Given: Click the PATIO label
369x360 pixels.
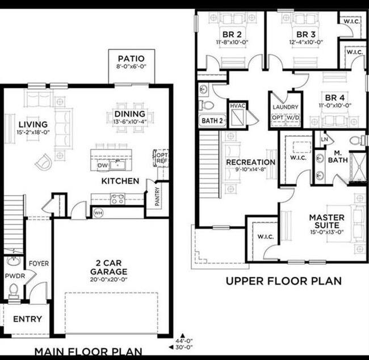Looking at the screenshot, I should pos(131,58).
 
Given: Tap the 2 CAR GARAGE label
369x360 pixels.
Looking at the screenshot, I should pos(112,267).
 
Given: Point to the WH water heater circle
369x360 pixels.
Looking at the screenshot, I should pos(98,213).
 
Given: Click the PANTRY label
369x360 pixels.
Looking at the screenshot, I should pos(157,196).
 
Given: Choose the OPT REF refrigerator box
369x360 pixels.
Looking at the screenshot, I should pos(162,158).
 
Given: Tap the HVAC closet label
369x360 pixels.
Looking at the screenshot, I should pos(237,106).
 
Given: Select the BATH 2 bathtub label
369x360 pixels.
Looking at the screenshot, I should pos(212,120).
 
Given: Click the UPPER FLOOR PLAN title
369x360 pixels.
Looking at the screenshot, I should pos(284,280).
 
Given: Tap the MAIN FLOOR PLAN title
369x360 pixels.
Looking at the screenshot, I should pos(88,351).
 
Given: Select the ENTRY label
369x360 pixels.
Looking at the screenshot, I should pos(27,319).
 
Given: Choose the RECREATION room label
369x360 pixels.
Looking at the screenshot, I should pos(250,162).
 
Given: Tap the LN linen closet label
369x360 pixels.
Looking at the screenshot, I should pos(324,139).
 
